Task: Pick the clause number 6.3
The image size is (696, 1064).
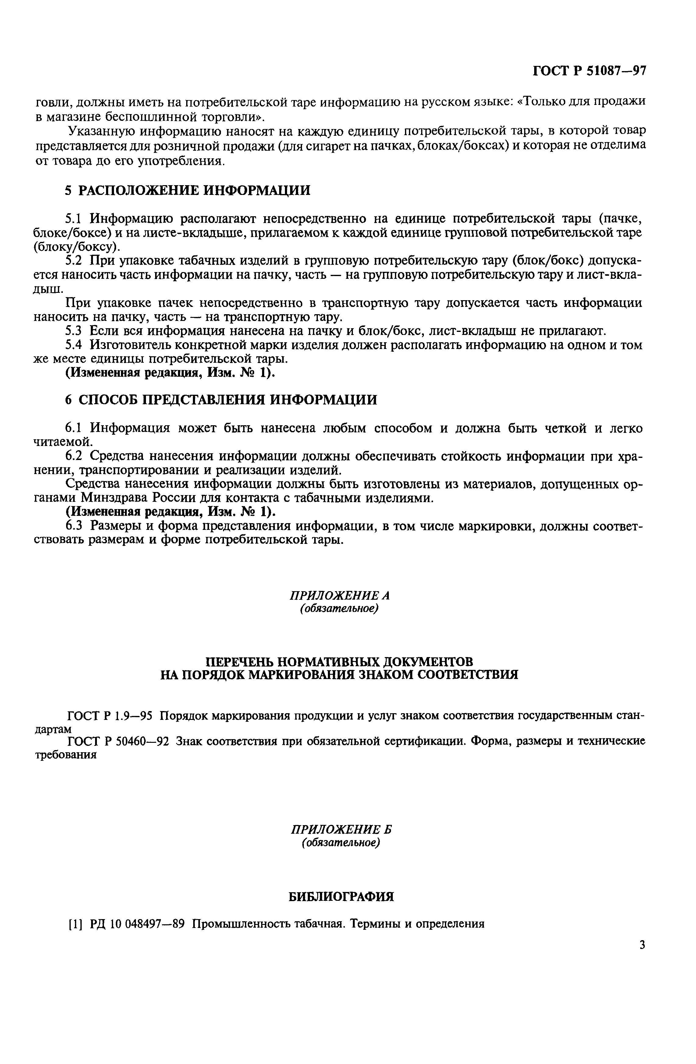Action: click(x=74, y=526)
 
